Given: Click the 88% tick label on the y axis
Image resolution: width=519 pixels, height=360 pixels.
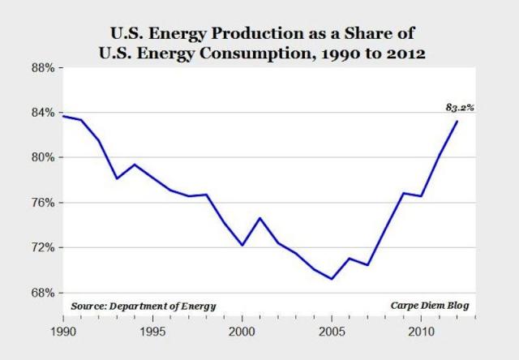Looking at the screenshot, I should pos(42,68).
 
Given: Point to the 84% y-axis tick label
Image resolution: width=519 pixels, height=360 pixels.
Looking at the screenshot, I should pos(42,113).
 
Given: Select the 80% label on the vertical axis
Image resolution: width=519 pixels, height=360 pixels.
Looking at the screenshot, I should pos(42,157).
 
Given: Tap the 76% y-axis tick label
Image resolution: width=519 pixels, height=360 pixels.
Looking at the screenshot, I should pos(42,203).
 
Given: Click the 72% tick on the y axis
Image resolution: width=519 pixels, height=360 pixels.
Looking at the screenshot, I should pos(42,247).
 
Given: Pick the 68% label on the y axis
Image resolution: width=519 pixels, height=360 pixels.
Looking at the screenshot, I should pos(42,292).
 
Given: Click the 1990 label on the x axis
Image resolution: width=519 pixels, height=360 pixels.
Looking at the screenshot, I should pos(62,332).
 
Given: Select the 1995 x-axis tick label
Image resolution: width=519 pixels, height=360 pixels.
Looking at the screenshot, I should pos(152,332).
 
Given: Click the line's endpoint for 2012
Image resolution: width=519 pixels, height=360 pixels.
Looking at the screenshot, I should pos(457,121).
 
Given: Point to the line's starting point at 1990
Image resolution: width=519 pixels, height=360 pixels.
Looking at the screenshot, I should pos(62,116).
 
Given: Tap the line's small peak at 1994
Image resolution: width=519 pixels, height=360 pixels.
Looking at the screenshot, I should pos(135,165).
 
